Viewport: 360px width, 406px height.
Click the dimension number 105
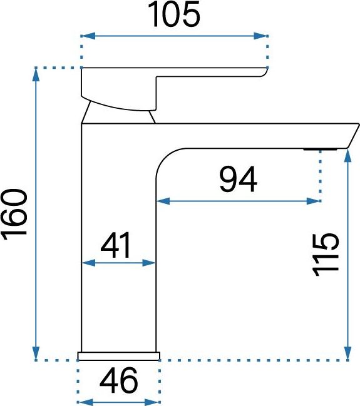(x=174, y=14)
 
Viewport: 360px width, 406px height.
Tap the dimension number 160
(x=14, y=212)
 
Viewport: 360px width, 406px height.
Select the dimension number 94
(x=238, y=180)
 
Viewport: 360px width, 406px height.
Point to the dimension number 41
(x=116, y=245)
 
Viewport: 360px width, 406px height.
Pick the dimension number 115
(x=326, y=255)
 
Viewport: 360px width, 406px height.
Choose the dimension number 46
(x=119, y=380)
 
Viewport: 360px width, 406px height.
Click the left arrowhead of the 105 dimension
(x=88, y=36)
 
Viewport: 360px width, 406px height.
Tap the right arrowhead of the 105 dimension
(x=260, y=36)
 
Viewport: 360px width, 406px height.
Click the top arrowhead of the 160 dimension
(x=36, y=74)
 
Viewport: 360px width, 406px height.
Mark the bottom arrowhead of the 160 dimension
(x=36, y=353)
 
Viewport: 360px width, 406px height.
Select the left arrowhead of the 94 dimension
(x=163, y=201)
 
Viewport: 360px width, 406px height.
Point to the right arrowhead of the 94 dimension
(x=313, y=201)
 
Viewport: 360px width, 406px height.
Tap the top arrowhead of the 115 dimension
(x=348, y=155)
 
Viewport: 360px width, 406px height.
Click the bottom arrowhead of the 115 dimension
(x=348, y=353)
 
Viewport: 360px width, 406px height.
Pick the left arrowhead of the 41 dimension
(x=88, y=263)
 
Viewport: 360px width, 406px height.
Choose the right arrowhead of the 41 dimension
(x=149, y=263)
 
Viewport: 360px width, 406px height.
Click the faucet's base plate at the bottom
(x=119, y=356)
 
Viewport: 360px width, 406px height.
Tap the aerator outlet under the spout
(x=321, y=150)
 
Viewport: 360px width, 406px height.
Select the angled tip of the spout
(x=352, y=136)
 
